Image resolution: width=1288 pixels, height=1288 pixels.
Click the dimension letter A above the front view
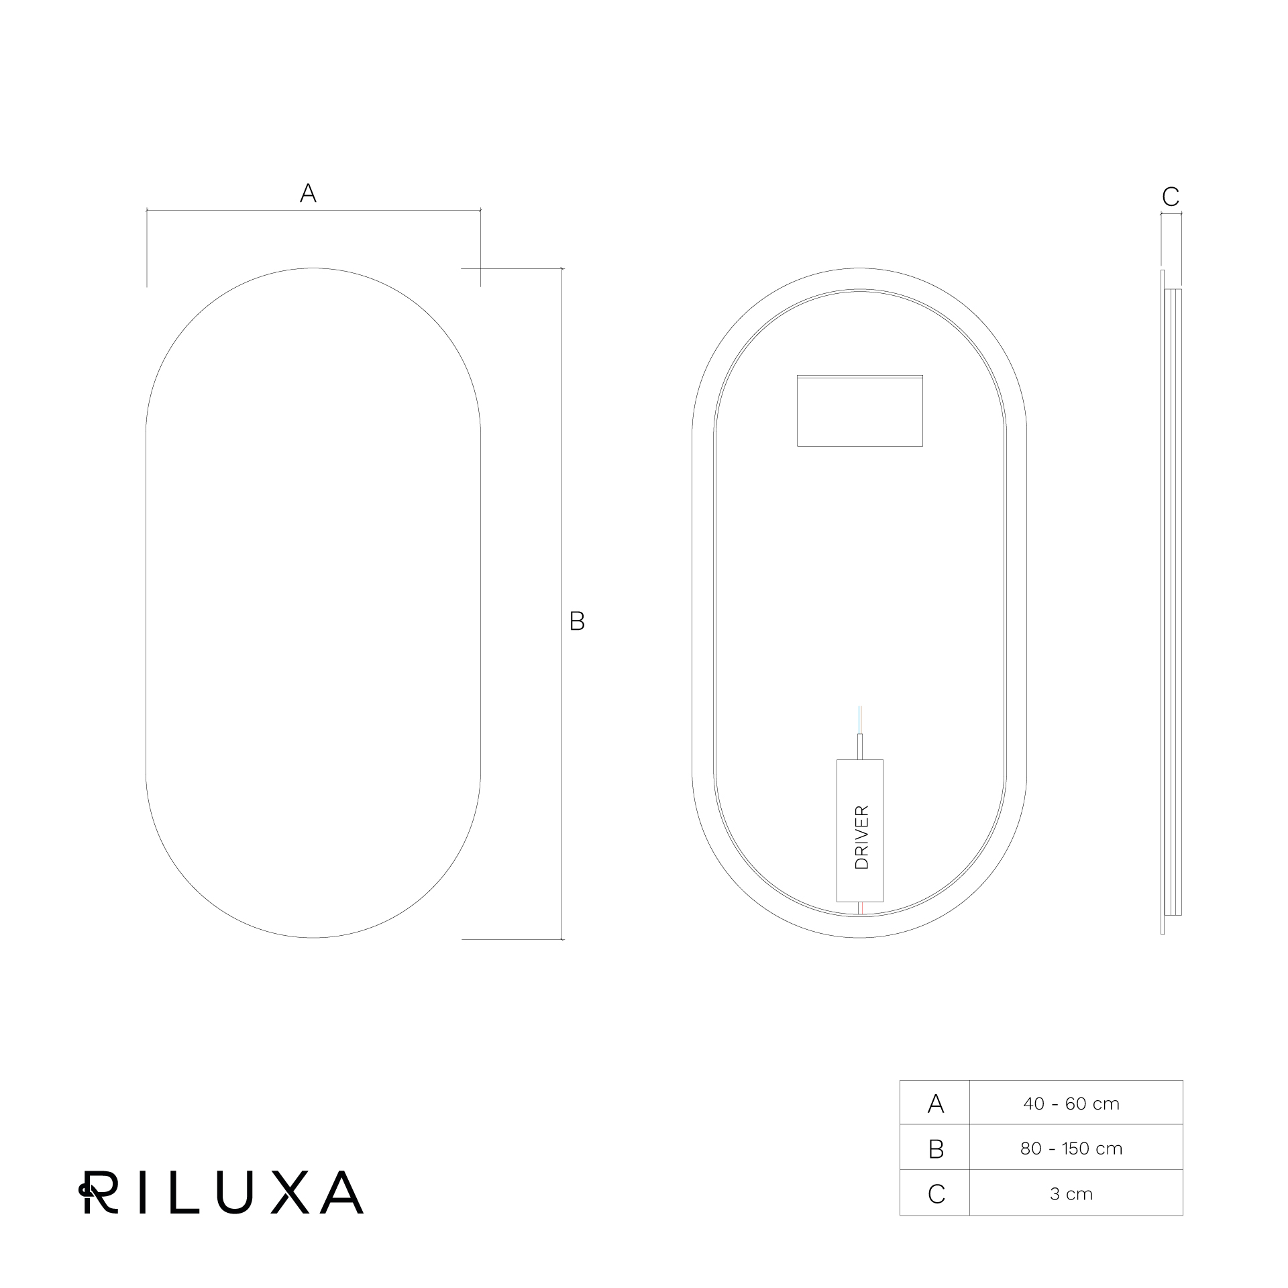point(308,193)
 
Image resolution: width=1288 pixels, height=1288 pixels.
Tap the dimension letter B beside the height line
point(577,621)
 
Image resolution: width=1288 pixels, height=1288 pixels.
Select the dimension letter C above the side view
point(1171,197)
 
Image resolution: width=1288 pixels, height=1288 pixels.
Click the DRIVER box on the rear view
point(860,830)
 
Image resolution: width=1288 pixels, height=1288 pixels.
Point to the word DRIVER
point(862,837)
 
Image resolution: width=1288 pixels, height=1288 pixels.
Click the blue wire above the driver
point(860,720)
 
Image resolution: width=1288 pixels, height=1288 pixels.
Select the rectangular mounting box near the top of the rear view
point(860,411)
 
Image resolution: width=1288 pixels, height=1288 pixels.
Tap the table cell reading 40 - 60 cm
point(1071,1104)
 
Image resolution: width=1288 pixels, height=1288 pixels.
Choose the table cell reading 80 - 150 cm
point(1071,1148)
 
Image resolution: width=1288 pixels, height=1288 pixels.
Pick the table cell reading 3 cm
point(1071,1194)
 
